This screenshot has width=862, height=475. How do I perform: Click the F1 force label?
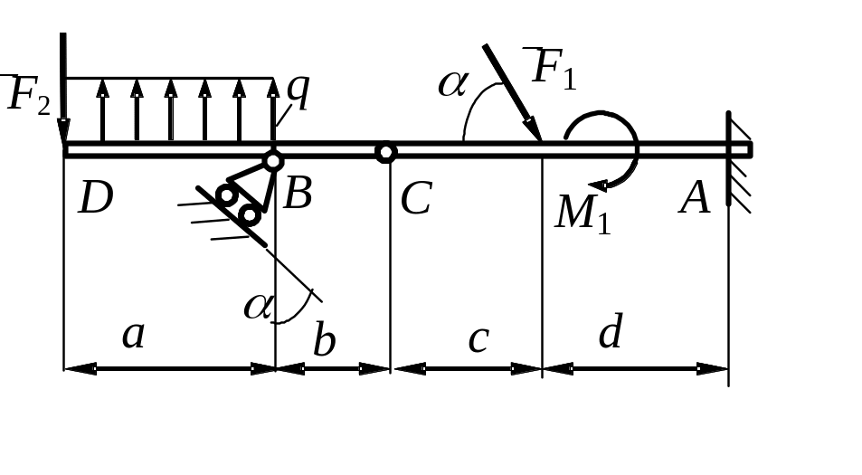click(x=553, y=68)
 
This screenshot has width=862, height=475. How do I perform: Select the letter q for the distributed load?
click(x=299, y=91)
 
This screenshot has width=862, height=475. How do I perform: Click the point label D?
click(x=96, y=198)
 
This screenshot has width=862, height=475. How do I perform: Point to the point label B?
click(x=298, y=194)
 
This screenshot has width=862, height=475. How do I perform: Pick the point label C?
click(x=416, y=198)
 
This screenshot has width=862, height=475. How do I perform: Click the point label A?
click(x=695, y=198)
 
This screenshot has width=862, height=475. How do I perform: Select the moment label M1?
click(x=583, y=214)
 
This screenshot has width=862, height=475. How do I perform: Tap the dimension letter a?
click(x=134, y=335)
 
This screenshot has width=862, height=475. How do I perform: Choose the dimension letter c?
click(x=478, y=339)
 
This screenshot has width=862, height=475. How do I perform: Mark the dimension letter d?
click(x=611, y=331)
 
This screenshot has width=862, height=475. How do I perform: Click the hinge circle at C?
click(x=386, y=152)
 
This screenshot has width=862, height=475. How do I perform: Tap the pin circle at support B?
click(x=273, y=161)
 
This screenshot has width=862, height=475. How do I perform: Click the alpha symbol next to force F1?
click(x=453, y=84)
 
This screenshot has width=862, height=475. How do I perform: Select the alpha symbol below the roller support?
click(x=258, y=307)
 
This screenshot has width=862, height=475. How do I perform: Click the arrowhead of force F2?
click(x=64, y=131)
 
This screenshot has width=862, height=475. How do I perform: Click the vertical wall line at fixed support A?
click(x=728, y=158)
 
